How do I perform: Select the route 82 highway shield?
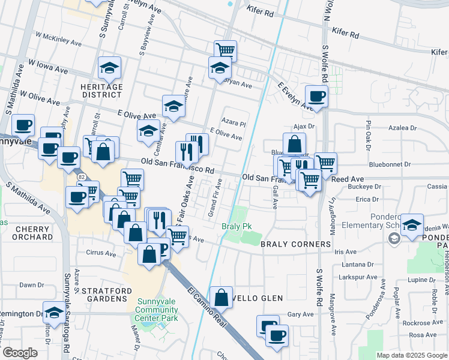tap(80, 176)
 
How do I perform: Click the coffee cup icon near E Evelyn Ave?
tap(316, 96)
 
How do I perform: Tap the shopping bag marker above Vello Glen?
tap(221, 297)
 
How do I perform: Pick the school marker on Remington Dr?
tap(54, 314)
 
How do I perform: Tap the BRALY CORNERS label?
tap(295, 244)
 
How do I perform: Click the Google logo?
tap(19, 353)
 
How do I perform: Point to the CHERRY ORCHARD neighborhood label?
tap(33, 233)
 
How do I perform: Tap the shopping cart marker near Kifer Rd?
tap(225, 50)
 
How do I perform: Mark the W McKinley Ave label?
tap(58, 40)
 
